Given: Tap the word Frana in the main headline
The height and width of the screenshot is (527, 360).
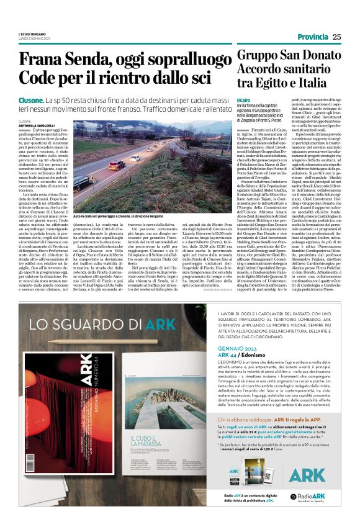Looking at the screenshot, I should pyautogui.click(x=40, y=60).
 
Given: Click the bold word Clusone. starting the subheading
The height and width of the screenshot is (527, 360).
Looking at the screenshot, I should pyautogui.click(x=31, y=100).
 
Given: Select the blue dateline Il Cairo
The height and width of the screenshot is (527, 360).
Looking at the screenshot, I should pyautogui.click(x=244, y=100).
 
